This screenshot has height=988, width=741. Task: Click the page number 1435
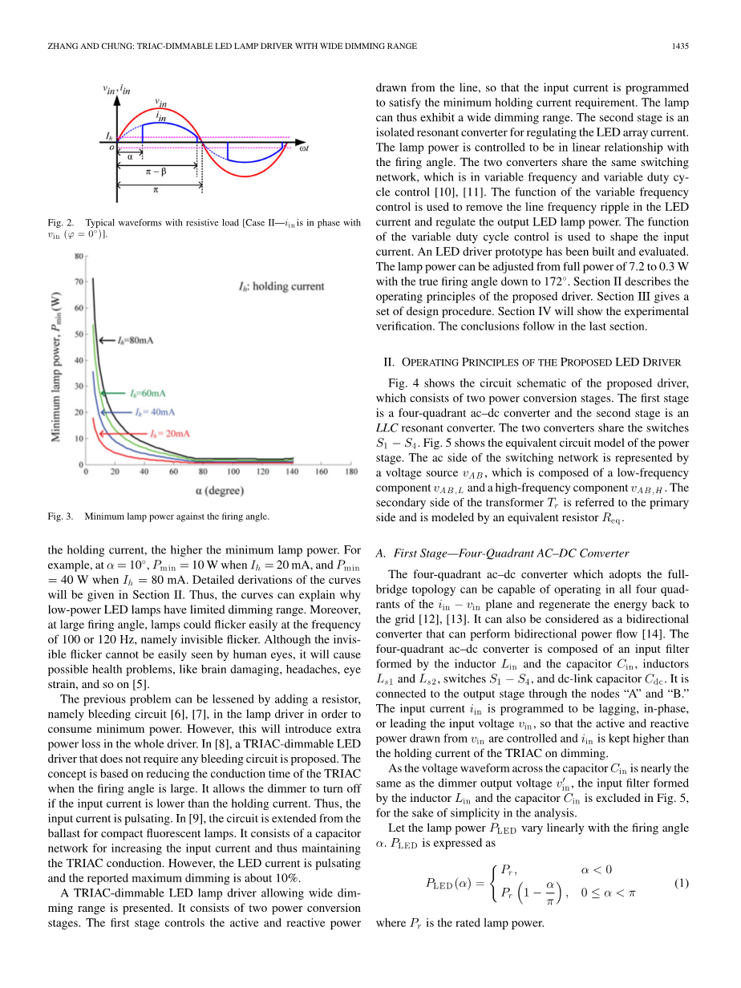pos(680,47)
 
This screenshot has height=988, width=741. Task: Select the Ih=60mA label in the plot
pos(148,393)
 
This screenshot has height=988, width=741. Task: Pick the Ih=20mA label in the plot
pos(170,433)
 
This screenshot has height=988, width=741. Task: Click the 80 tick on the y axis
pos(79,257)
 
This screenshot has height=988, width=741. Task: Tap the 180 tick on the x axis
pos(350,472)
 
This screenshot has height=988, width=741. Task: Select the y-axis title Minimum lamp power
pos(58,360)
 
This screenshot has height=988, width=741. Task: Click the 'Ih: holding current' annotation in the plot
pos(281,286)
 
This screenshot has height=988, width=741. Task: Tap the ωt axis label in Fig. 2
pos(304,148)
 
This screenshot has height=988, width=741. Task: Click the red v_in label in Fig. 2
pos(160,103)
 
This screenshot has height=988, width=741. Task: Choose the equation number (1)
pos(682,883)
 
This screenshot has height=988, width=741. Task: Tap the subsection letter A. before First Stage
pos(381,553)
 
